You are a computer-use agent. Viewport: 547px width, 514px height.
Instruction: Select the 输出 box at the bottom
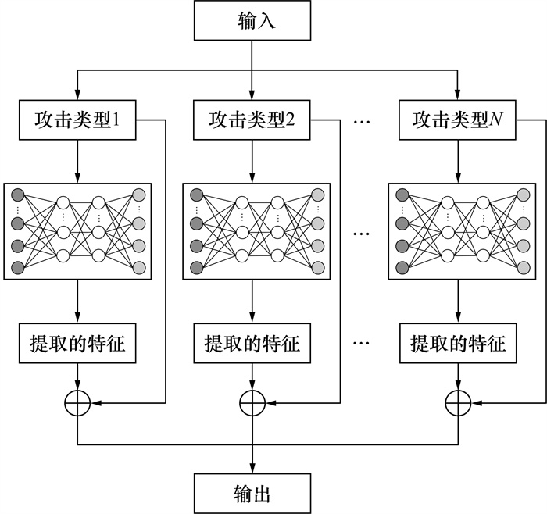click(x=252, y=493)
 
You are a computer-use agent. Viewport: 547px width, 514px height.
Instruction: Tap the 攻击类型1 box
click(x=77, y=121)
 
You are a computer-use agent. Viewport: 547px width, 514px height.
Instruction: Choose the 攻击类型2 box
click(x=252, y=121)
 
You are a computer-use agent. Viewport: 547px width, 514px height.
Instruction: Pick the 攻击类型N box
click(x=457, y=121)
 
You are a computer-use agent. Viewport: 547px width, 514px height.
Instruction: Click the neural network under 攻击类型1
click(x=77, y=231)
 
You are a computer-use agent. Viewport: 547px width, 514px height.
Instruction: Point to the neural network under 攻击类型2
click(x=252, y=231)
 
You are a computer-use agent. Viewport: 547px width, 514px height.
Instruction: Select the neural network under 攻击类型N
click(x=457, y=231)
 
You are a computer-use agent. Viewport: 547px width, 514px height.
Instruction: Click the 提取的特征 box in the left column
click(x=77, y=344)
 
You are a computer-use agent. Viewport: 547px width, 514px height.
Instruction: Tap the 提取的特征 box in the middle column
click(x=252, y=344)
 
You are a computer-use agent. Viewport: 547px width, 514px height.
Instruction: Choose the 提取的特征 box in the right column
click(x=457, y=344)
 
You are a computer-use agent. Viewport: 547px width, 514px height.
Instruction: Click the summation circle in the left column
click(x=77, y=403)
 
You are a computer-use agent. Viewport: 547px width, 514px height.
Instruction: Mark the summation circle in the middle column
click(x=252, y=403)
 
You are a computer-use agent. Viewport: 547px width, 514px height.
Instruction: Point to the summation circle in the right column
click(x=457, y=403)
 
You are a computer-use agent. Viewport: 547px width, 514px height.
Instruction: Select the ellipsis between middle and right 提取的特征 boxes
click(x=362, y=344)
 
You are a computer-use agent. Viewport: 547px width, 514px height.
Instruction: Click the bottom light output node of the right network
click(x=522, y=269)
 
